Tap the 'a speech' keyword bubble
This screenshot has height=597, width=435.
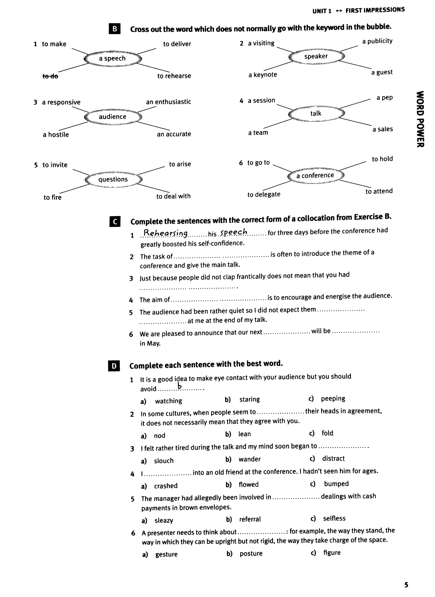tap(112, 58)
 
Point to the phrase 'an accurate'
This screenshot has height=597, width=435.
tap(174, 134)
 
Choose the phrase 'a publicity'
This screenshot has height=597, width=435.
tap(377, 41)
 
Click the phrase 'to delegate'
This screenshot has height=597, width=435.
tap(264, 195)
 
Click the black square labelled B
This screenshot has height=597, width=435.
tap(115, 29)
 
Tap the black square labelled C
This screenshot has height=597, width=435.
tap(115, 222)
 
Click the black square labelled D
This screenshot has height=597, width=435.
tap(114, 366)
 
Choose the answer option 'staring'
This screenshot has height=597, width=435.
tap(249, 399)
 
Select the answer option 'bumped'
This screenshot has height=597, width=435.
tap(336, 484)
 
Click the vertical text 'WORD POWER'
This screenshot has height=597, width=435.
tap(420, 119)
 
